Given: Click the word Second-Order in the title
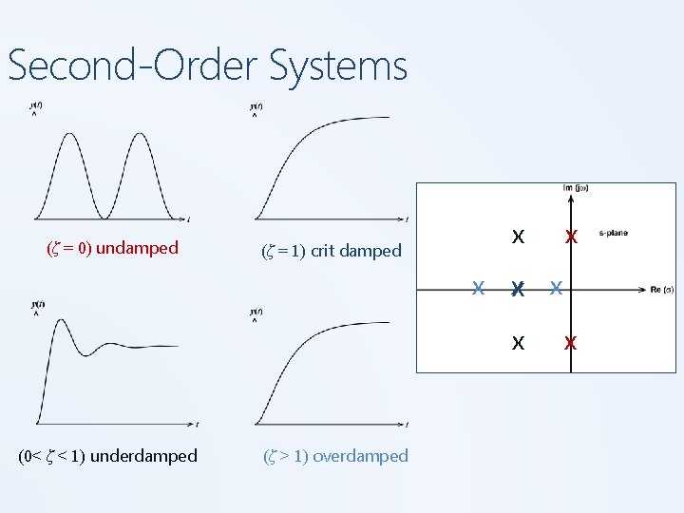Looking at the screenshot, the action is coord(132,66).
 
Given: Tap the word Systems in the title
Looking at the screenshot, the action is coord(338,66).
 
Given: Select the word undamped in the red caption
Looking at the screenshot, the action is coord(137,248).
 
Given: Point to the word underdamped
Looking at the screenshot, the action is coord(146,455).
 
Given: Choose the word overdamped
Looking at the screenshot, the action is coord(360,455).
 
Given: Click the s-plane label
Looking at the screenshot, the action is coord(613,233).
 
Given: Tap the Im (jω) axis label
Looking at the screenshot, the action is coord(576,188).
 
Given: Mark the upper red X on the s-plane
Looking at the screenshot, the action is coord(570,237).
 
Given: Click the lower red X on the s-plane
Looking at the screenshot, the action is coord(570,343).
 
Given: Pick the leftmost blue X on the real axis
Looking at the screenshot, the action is coord(481,288).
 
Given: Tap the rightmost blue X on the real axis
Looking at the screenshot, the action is coord(557,288).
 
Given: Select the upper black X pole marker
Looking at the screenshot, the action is coord(518,237).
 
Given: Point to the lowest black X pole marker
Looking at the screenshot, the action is coord(518,343).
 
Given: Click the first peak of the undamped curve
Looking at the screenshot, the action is coord(70,134).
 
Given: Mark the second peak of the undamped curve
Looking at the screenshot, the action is coord(142,134).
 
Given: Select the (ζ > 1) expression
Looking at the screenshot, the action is coord(285,455).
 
